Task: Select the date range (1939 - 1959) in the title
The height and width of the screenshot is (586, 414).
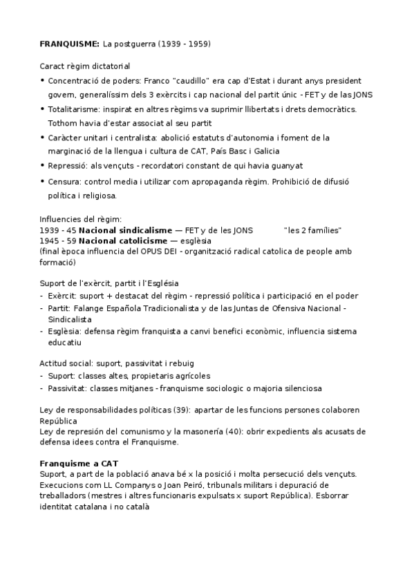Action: point(185,44)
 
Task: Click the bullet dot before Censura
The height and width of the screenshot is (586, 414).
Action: point(43,182)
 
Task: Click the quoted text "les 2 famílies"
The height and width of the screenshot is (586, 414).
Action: point(312,230)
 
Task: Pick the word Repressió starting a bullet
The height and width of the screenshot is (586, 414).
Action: point(68,166)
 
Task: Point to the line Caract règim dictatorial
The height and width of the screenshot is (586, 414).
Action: point(85,66)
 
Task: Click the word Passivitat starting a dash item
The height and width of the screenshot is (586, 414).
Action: point(70,388)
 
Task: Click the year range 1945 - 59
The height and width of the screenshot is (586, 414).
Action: point(57,240)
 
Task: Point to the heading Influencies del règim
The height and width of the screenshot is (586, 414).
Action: point(81,220)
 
